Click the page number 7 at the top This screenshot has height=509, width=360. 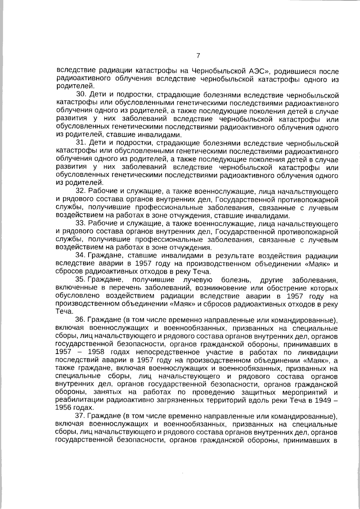pos(198,56)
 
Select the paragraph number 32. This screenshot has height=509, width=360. pos(81,191)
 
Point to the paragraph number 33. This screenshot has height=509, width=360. pos(81,224)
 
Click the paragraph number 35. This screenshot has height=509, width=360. pos(81,280)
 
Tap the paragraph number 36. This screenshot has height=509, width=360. pos(81,320)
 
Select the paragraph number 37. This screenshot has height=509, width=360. pos(81,417)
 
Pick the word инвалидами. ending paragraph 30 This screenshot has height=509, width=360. pos(164,134)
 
